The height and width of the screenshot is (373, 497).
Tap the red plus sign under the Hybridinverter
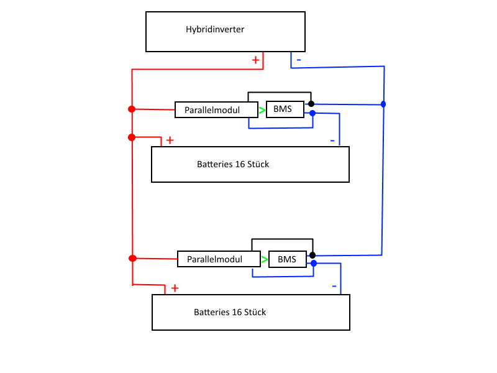(x=255, y=60)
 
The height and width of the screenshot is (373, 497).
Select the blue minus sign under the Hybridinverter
(x=299, y=60)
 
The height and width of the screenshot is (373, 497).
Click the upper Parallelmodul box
(x=217, y=110)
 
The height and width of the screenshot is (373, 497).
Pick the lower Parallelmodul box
(x=219, y=259)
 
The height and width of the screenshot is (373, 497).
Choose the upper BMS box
(x=285, y=109)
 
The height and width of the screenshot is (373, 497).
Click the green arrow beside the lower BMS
(x=265, y=259)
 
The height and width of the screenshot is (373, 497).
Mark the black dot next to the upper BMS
(x=311, y=104)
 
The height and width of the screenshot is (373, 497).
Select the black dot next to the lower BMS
(x=312, y=255)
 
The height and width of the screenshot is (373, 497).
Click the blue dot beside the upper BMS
(x=312, y=113)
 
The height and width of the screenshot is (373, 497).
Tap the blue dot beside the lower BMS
(x=313, y=264)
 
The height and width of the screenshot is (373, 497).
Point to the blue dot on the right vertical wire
(x=383, y=104)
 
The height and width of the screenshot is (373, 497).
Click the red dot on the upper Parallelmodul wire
(x=131, y=109)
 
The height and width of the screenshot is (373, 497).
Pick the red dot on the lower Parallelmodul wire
(x=132, y=258)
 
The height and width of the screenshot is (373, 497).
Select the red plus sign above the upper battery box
(x=170, y=140)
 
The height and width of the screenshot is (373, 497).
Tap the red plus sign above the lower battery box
(x=175, y=288)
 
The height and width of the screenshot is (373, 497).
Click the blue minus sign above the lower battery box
(x=334, y=287)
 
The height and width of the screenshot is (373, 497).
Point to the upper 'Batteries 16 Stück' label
(x=233, y=165)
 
